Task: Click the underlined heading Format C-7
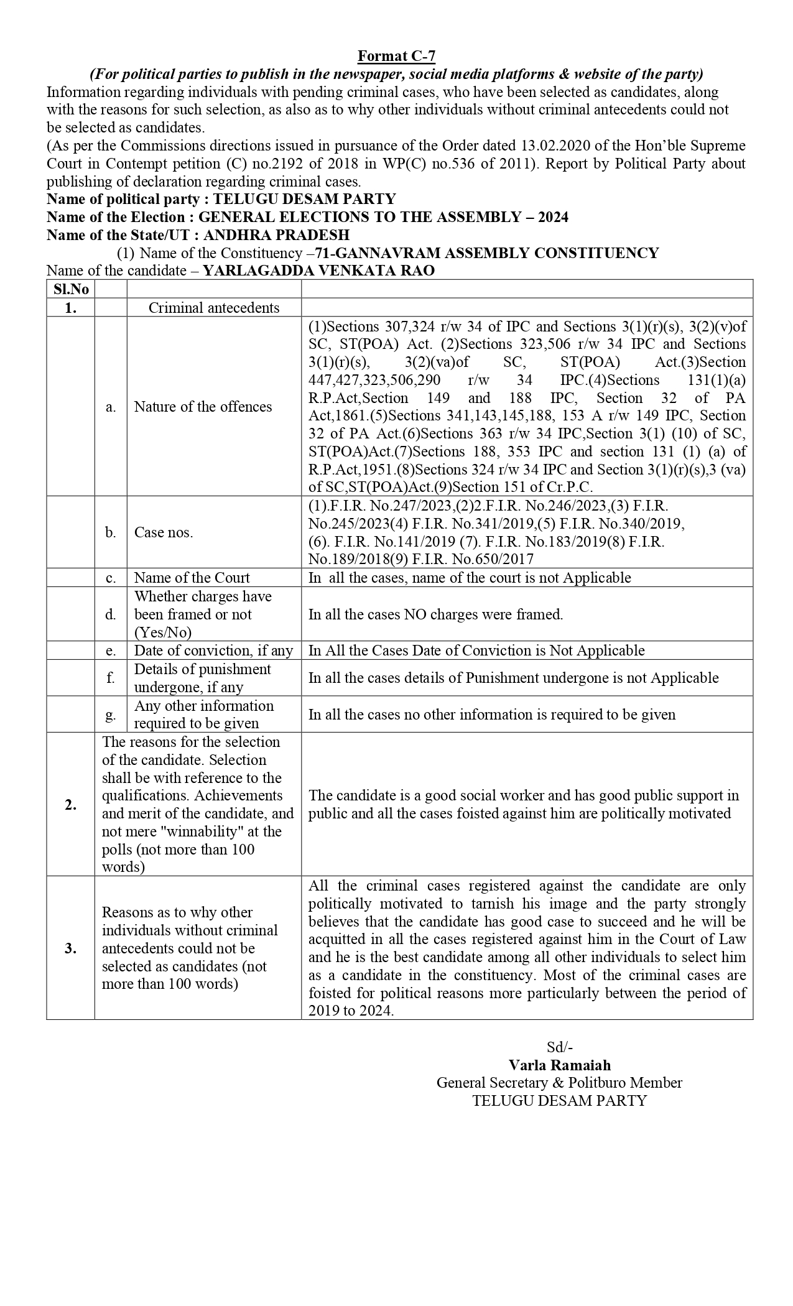click(396, 57)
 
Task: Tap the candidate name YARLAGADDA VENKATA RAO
click(318, 271)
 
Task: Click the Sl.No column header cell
click(71, 289)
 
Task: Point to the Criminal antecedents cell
click(214, 308)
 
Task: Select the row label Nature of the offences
click(203, 407)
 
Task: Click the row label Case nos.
click(164, 532)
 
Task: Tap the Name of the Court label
click(192, 578)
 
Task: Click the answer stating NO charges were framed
click(435, 614)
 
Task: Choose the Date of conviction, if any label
click(213, 651)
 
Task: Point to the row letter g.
click(111, 715)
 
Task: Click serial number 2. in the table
click(71, 805)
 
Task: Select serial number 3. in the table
click(71, 948)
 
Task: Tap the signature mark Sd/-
click(559, 1047)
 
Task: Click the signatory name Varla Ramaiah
click(559, 1065)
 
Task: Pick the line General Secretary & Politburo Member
click(559, 1083)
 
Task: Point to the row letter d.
click(111, 614)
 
